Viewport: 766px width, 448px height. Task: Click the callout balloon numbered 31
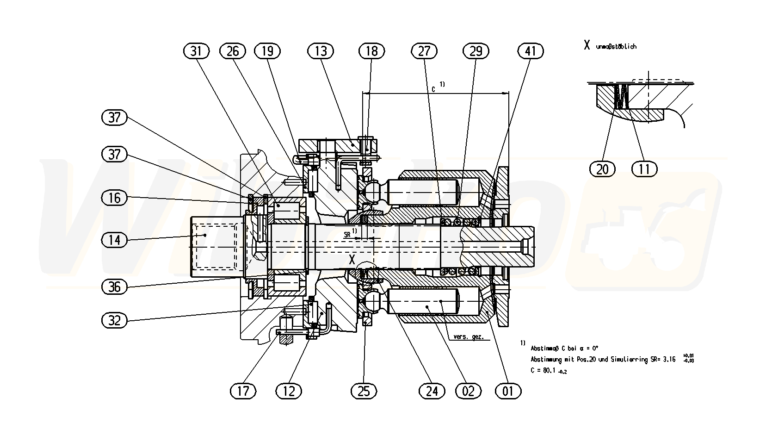coord(197,51)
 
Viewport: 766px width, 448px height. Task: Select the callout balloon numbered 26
coord(232,51)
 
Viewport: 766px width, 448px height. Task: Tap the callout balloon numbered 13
coord(321,51)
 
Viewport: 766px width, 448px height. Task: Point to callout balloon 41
coord(531,51)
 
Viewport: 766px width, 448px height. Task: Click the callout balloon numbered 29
coord(476,51)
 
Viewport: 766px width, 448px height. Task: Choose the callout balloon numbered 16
coord(114,198)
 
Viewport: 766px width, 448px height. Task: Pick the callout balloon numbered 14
coord(114,240)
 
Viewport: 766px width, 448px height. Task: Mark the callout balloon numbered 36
coord(114,287)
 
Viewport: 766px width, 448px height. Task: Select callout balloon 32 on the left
coord(114,320)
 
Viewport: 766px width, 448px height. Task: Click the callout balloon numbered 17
coord(243,392)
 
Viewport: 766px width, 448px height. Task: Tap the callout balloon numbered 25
coord(364,392)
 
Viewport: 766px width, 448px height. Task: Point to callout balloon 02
coord(468,392)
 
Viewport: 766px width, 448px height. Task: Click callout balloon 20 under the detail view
coord(602,169)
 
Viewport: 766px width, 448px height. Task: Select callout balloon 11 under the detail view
coord(644,169)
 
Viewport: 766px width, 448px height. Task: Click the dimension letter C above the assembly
coord(433,88)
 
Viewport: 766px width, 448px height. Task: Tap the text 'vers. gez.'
coord(469,337)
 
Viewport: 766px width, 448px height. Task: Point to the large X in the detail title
coord(587,45)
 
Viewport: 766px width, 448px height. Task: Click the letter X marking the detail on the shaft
coord(352,260)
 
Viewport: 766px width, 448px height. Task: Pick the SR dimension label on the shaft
coord(347,235)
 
